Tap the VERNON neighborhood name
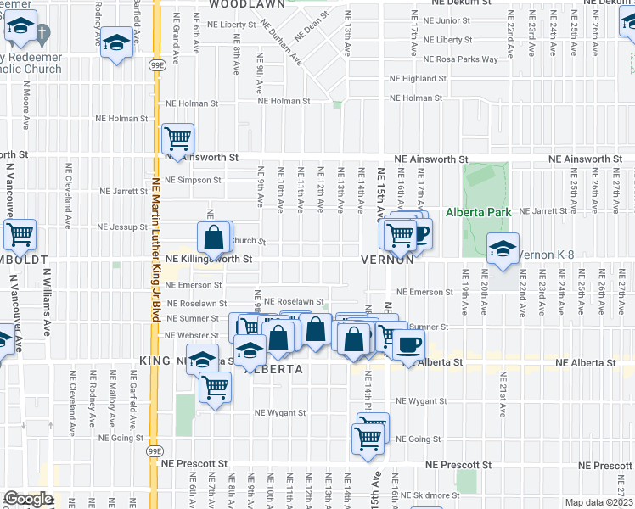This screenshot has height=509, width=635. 386,260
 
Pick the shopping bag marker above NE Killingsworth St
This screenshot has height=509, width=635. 215,237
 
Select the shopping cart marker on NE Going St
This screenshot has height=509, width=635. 368,439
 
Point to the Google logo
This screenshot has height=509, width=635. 28,499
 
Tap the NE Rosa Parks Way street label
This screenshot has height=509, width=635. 455,59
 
